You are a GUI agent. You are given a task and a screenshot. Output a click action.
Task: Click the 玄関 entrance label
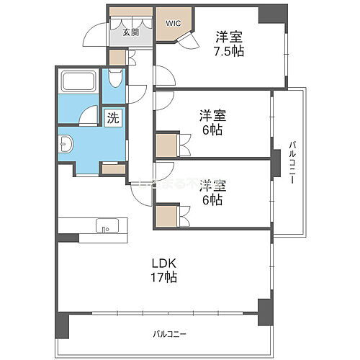click(x=130, y=32)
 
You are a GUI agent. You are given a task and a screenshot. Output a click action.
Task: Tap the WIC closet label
click(x=174, y=23)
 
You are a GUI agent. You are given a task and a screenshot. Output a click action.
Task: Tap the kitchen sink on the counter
click(x=107, y=230)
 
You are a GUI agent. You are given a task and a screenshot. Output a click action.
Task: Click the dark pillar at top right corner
click(x=272, y=13)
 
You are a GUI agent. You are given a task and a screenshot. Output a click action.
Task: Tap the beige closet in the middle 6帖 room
click(x=166, y=145)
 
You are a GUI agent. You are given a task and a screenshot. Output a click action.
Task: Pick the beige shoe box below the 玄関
click(x=117, y=58)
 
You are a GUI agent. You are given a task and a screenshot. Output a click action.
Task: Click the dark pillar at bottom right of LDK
click(x=266, y=310)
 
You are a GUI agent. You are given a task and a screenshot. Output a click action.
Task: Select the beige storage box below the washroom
click(x=113, y=168)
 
